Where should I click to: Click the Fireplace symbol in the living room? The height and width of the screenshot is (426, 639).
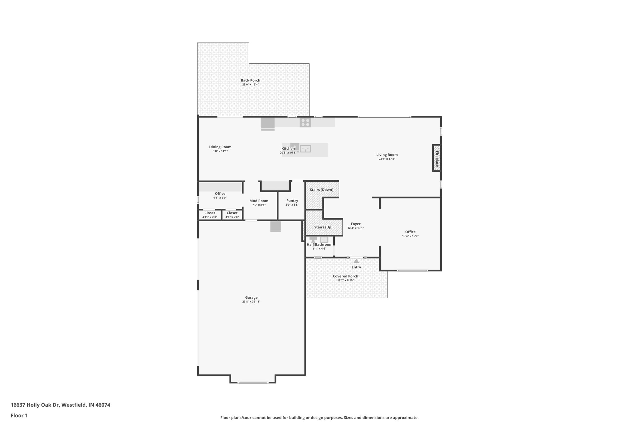[437, 158]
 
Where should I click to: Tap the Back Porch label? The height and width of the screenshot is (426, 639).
[250, 81]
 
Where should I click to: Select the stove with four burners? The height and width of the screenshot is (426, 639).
[305, 122]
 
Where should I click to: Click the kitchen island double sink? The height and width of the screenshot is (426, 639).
[305, 149]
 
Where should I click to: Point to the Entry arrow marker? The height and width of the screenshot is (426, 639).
[356, 261]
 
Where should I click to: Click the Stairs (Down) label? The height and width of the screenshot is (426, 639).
[321, 190]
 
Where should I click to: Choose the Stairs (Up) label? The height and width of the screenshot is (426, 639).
[323, 227]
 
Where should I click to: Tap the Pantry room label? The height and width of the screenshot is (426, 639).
[292, 201]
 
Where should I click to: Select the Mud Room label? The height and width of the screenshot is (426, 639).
[259, 201]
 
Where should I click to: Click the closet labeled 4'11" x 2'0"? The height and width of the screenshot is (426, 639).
[210, 215]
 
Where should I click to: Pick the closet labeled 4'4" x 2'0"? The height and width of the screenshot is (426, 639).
[232, 215]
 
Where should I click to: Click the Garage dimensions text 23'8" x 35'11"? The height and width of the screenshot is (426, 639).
[251, 302]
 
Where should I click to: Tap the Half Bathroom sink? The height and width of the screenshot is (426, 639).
[324, 240]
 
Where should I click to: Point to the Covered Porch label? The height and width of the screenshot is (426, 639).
[345, 276]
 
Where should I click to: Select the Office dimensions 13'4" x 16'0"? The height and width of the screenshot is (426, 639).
[410, 236]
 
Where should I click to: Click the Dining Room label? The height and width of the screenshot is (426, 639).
[220, 147]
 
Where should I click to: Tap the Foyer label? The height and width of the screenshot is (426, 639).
[356, 224]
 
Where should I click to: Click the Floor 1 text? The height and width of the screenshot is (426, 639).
[19, 415]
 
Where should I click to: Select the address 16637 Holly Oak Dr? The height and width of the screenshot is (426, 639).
[60, 405]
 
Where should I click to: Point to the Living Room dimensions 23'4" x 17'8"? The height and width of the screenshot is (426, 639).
[387, 159]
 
